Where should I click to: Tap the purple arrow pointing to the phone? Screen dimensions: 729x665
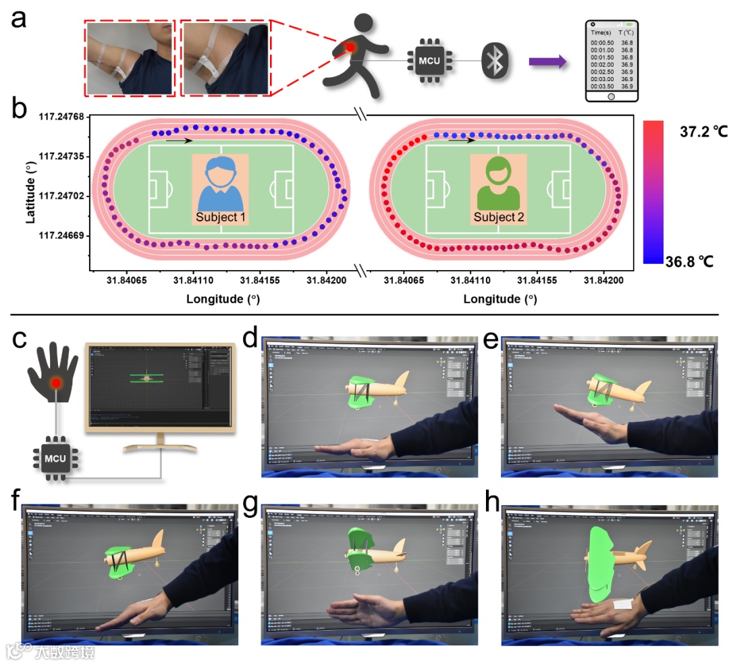click(547, 61)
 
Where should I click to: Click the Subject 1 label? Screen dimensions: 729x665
click(220, 218)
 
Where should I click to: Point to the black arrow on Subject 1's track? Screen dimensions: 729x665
click(179, 140)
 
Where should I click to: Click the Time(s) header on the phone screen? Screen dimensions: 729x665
click(601, 32)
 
